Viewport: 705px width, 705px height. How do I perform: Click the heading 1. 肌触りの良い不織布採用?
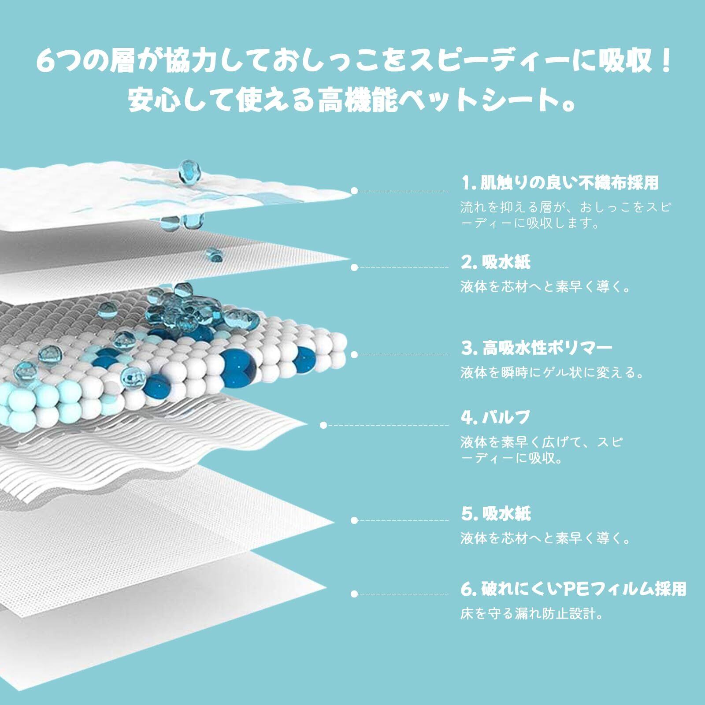(560, 183)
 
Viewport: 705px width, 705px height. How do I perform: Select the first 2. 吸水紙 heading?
(495, 263)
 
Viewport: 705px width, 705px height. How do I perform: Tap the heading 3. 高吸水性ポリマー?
(536, 349)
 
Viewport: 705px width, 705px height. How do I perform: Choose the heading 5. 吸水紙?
(496, 514)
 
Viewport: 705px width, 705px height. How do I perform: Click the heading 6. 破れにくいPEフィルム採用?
(573, 589)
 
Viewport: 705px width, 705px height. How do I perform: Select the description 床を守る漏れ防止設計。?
(531, 613)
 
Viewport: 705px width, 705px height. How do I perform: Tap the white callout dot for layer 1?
(354, 191)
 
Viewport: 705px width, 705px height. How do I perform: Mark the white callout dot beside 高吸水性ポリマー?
(354, 355)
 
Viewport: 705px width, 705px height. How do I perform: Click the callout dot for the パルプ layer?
(323, 425)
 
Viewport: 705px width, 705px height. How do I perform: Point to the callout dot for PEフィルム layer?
(354, 594)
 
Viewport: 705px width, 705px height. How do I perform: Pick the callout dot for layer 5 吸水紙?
(354, 520)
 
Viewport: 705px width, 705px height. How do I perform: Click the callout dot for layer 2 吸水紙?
(354, 267)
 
